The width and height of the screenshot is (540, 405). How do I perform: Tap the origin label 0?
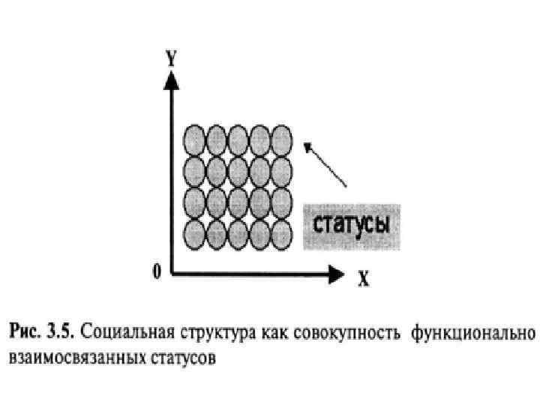[x=155, y=272]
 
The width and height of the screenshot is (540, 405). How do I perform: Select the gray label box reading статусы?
[x=351, y=225]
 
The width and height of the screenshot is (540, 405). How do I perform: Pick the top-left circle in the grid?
[x=194, y=139]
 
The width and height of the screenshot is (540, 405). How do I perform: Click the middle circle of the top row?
[x=238, y=139]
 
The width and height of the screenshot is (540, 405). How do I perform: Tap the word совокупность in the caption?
[x=340, y=331]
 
